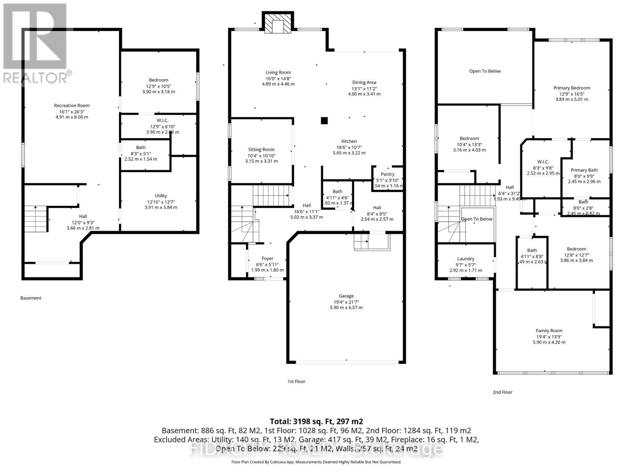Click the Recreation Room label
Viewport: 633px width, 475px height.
[72, 105]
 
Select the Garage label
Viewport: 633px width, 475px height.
[346, 296]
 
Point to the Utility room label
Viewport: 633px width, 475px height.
[161, 196]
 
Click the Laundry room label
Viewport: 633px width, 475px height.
[466, 258]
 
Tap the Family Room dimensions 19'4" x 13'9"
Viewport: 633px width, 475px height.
[549, 336]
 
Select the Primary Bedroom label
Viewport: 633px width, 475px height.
[571, 88]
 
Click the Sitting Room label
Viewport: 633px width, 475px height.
[261, 149]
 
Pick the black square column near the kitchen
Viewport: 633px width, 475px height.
[324, 121]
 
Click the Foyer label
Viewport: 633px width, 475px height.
[267, 258]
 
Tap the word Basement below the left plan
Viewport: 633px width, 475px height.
[30, 298]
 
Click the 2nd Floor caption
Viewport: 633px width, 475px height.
[502, 392]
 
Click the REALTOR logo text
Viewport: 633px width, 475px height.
[38, 78]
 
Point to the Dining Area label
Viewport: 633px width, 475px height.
[364, 82]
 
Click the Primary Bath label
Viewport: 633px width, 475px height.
[584, 170]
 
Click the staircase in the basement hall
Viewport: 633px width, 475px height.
[36, 220]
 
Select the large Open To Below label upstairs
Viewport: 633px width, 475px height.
[485, 71]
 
